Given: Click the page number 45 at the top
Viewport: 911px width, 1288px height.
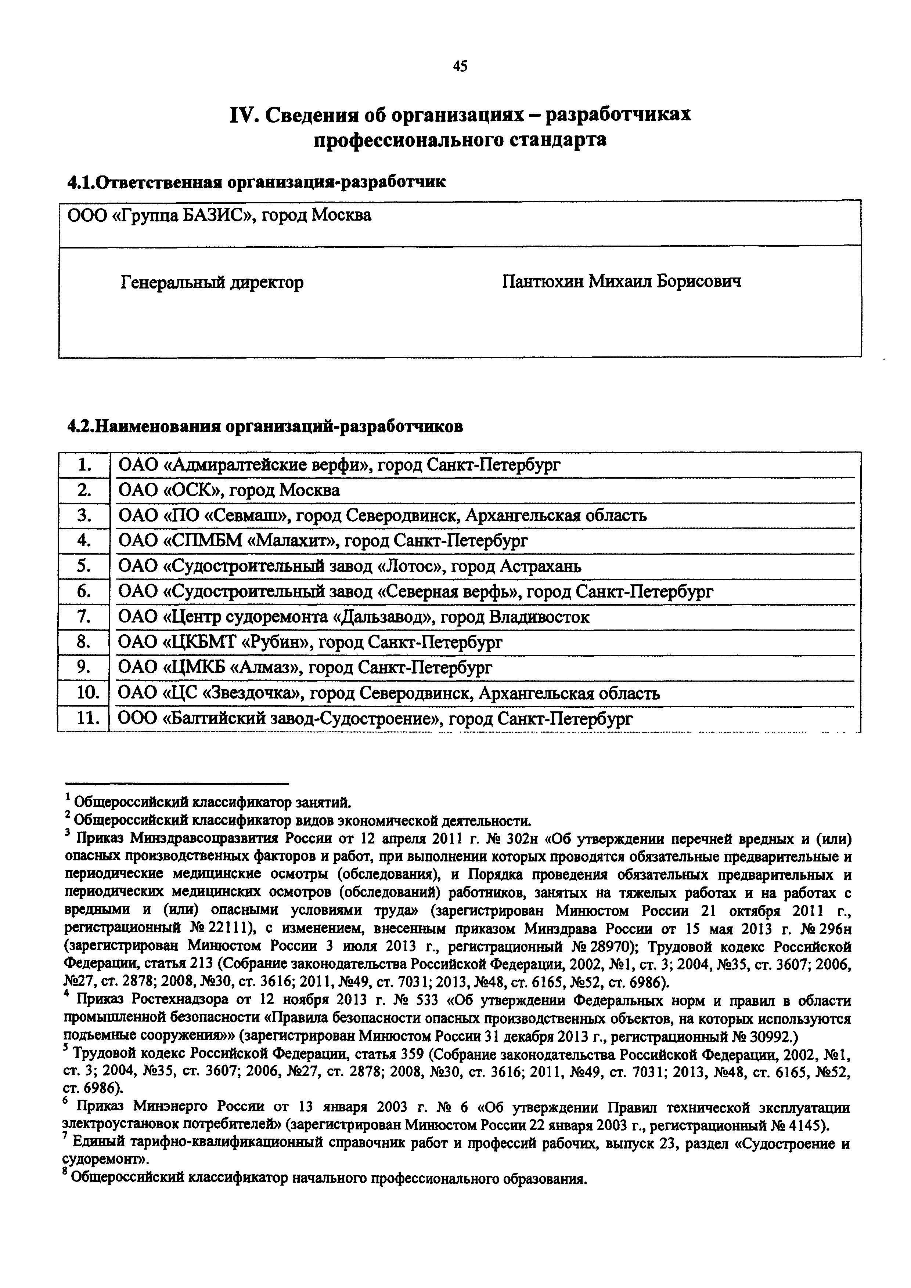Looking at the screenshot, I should click(x=459, y=67).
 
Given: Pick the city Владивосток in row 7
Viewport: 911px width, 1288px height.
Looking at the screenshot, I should click(x=539, y=617).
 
